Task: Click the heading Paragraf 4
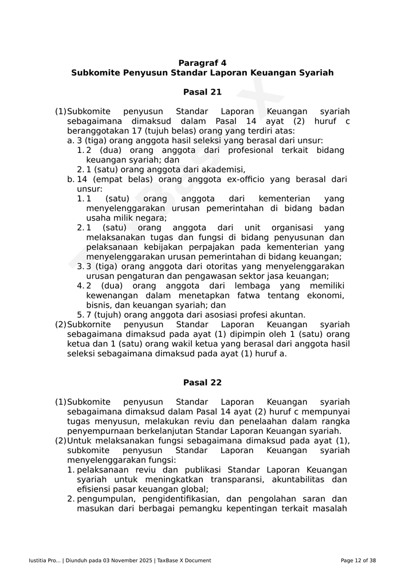(x=202, y=63)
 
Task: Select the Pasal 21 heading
(x=202, y=92)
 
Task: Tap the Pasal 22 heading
(x=202, y=383)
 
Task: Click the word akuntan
(x=287, y=315)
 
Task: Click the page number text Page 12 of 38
(x=358, y=560)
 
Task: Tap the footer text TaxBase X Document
(x=184, y=560)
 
